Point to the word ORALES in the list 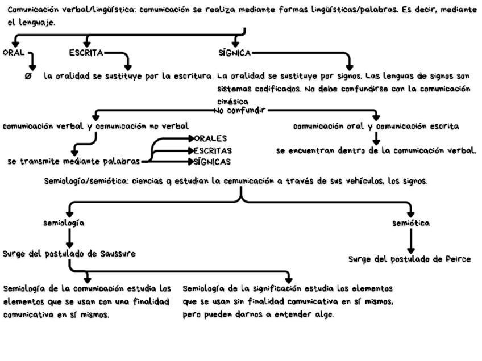point(210,138)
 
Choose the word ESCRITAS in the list point(213,150)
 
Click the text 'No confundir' point(239,110)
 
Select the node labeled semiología point(64,223)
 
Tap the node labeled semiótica point(411,223)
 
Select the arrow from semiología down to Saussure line point(69,237)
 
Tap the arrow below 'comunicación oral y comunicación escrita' point(376,138)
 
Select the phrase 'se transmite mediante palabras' point(73,162)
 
